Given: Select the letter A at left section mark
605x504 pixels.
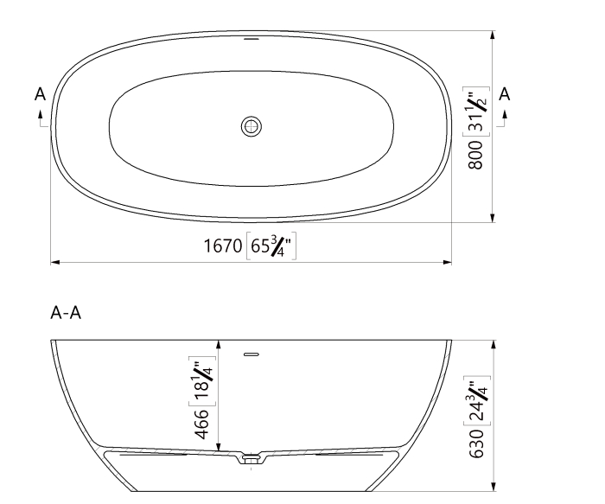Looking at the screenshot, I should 40,93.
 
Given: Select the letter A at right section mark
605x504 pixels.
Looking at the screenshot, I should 506,93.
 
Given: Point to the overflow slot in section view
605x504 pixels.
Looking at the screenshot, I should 252,354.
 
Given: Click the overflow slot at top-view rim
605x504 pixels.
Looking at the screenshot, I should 252,38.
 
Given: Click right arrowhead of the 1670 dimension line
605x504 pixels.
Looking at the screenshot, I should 448,260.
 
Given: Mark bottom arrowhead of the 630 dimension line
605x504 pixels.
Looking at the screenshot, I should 492,486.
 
